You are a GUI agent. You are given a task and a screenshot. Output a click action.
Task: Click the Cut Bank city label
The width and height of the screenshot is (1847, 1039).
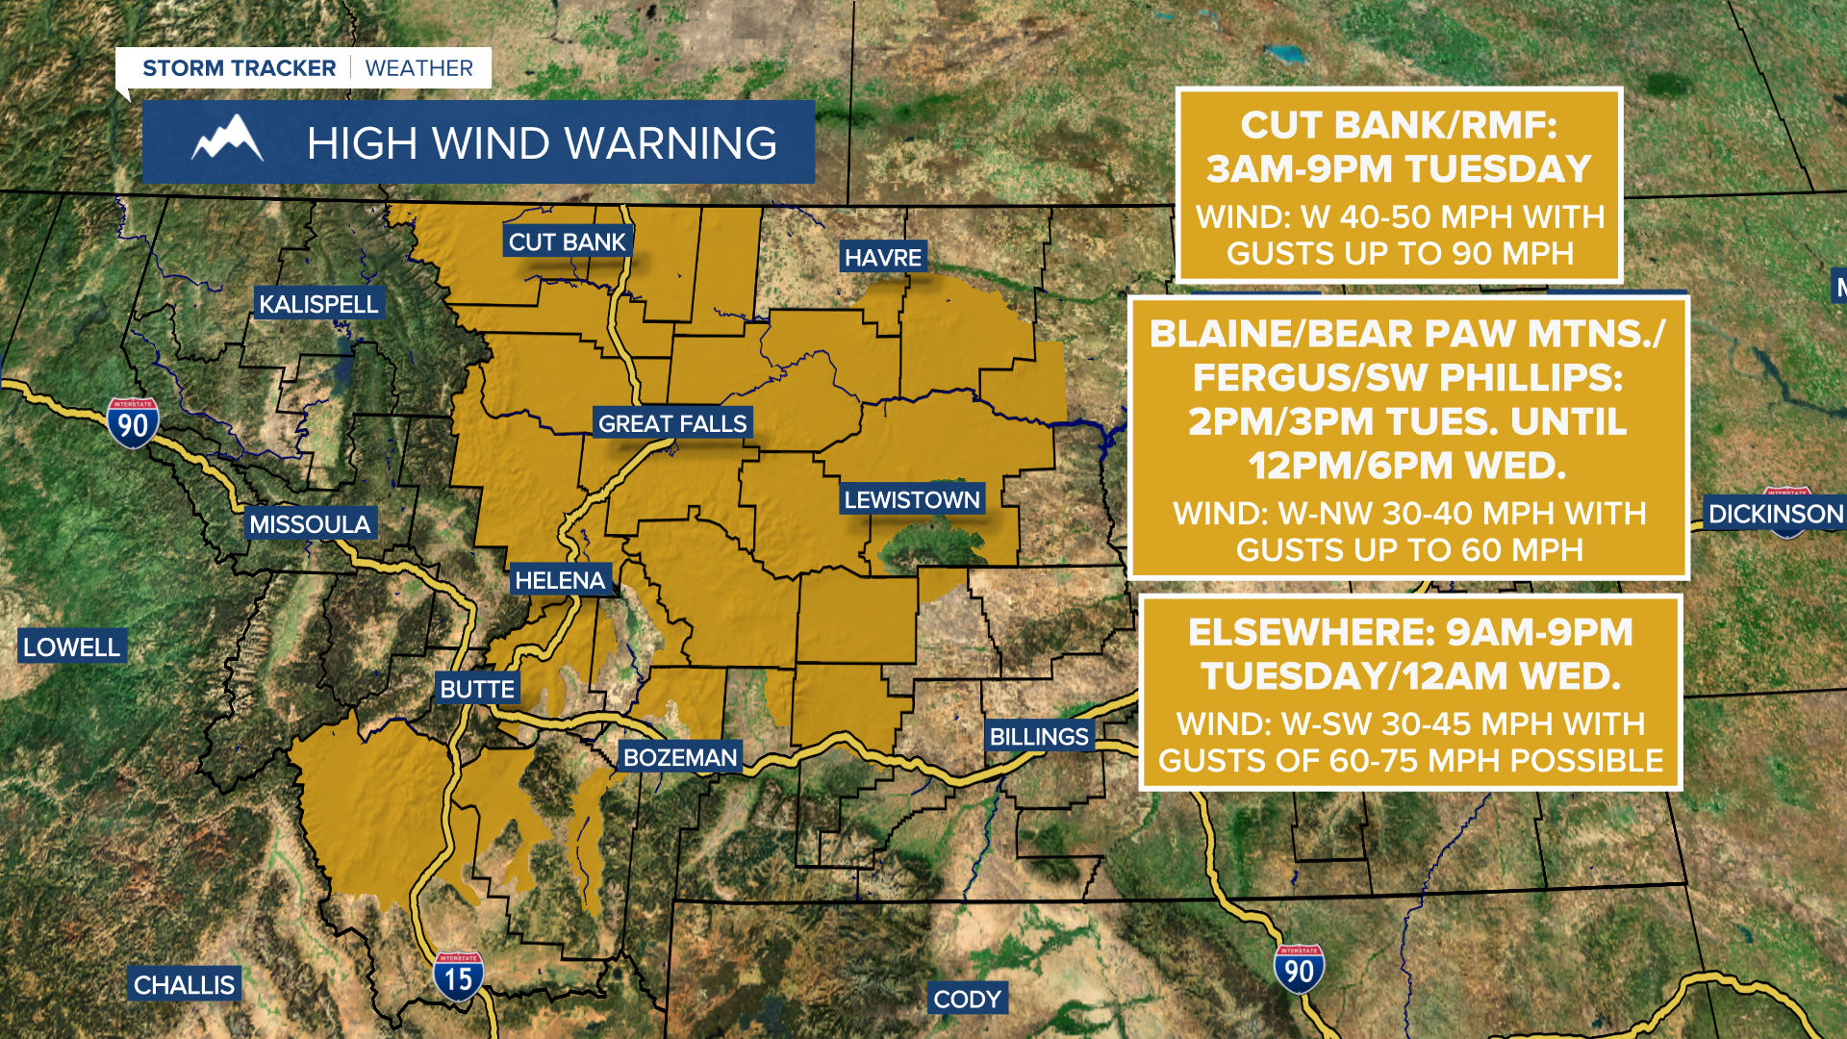pos(567,242)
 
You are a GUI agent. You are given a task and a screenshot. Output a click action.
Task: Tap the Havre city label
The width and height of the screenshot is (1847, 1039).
pos(883,258)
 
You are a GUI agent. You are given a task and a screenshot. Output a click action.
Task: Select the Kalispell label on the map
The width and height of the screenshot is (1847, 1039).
pos(318,304)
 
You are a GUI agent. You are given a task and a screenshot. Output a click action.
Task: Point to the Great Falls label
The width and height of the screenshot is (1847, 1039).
pos(672,423)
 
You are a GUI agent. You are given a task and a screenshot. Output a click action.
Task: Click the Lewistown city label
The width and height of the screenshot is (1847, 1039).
pos(912,499)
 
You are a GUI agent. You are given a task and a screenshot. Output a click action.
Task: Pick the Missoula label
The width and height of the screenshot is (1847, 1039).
pos(310,524)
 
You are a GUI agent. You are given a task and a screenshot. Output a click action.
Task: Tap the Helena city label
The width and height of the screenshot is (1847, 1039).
pos(560,580)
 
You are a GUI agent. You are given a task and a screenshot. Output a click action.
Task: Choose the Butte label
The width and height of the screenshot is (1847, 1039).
pos(477,689)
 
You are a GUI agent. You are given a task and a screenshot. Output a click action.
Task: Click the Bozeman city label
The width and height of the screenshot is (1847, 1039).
pos(680,757)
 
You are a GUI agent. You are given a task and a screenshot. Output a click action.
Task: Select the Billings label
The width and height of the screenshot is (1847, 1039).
pos(1039,737)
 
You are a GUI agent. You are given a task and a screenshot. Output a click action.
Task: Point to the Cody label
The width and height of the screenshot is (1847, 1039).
pos(967,1000)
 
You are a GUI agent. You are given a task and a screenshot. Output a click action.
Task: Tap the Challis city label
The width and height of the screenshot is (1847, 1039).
pos(184,985)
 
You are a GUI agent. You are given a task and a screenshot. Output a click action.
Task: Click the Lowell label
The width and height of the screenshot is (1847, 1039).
pos(72,647)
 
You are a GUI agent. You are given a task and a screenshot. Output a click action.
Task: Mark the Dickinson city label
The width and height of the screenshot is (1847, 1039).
pos(1775,514)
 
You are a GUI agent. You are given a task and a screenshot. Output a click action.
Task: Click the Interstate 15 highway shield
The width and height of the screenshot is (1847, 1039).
pos(458,976)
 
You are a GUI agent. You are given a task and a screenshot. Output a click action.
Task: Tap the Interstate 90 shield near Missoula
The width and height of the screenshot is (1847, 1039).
pos(133,423)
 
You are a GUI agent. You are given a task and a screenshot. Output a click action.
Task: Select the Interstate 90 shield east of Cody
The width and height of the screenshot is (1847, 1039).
pos(1299,970)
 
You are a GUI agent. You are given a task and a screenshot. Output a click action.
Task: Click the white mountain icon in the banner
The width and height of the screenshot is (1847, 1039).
pos(228,139)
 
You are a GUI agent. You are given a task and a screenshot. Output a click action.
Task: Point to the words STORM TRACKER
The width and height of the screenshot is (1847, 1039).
pos(240,68)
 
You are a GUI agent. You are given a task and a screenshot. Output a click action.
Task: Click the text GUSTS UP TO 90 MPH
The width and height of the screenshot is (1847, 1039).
pos(1400,254)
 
